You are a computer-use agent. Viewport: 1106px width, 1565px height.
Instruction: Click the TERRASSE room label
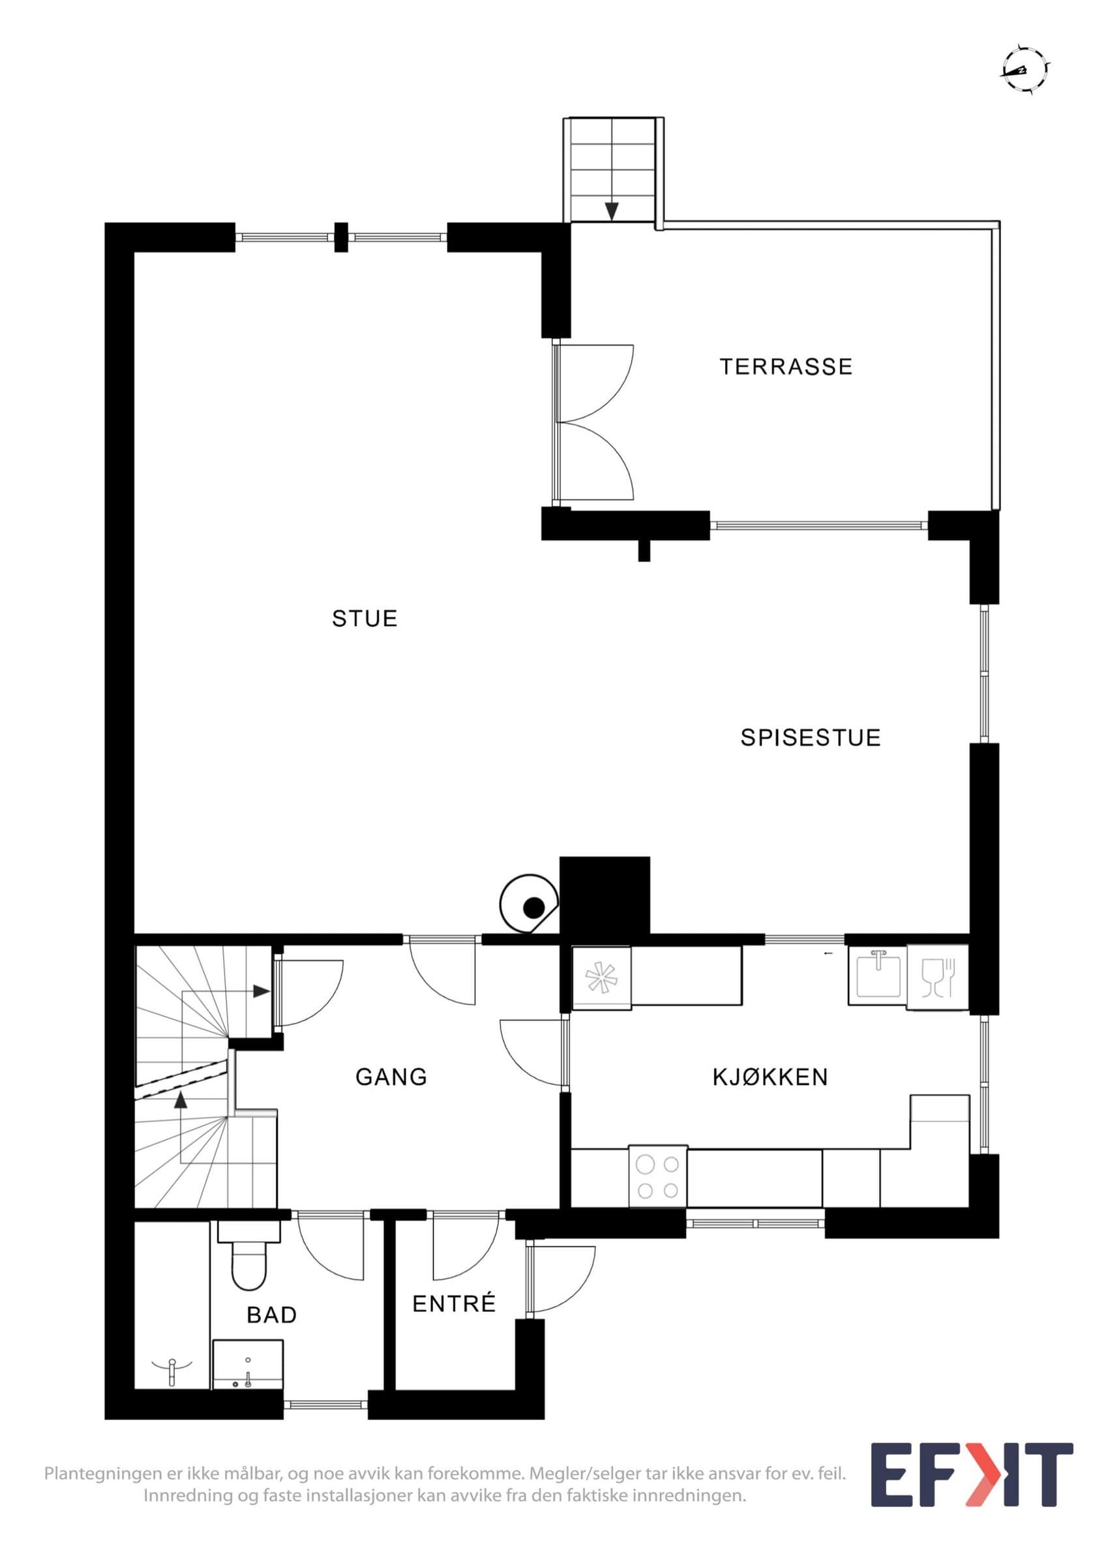click(x=786, y=366)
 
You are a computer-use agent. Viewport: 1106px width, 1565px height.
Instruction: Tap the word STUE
click(x=365, y=618)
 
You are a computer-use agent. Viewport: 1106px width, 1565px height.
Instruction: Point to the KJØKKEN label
click(x=770, y=1077)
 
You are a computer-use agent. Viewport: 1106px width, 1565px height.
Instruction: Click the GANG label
click(x=391, y=1077)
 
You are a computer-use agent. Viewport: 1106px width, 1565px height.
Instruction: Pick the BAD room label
click(x=272, y=1315)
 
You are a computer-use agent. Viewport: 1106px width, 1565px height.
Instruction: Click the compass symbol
click(x=1024, y=69)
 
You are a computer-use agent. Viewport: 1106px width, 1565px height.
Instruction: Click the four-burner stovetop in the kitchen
click(x=657, y=1176)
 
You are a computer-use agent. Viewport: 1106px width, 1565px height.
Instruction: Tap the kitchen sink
click(x=878, y=976)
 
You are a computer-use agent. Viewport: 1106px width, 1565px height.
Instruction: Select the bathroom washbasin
click(x=248, y=1364)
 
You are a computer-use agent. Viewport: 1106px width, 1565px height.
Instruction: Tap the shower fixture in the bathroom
click(x=172, y=1369)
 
